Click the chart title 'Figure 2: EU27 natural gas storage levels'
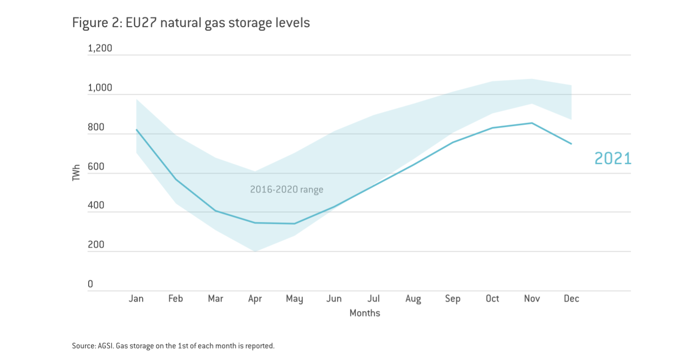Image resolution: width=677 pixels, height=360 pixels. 191,22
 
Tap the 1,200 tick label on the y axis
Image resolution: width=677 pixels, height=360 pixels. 100,48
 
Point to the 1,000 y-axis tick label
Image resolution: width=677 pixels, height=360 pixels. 100,88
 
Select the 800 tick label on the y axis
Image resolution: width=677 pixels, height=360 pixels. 97,127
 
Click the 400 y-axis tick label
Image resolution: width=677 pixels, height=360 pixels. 97,206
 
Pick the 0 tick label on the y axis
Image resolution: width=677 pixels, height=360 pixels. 91,284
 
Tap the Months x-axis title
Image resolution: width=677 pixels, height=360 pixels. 365,313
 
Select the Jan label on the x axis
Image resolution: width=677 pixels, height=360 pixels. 136,299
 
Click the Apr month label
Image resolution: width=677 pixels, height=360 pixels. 255,299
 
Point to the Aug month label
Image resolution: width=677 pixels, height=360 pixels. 413,299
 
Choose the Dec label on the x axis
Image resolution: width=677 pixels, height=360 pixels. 572,299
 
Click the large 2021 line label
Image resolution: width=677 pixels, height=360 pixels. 613,159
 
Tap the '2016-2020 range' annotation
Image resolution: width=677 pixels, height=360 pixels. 286,190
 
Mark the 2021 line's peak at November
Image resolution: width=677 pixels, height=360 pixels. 532,123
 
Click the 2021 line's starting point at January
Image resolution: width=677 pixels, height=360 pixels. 136,130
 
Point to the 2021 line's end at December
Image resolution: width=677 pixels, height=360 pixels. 572,144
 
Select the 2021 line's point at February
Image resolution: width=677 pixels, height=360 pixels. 176,180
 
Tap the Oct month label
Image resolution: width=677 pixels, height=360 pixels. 492,299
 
